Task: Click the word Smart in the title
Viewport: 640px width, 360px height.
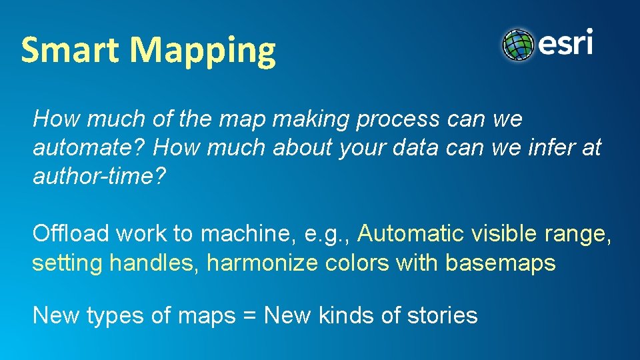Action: click(x=71, y=50)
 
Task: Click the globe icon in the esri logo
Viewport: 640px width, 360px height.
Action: click(x=519, y=45)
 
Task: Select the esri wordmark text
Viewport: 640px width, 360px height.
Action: click(x=565, y=43)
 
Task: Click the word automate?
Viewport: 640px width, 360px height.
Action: click(x=89, y=148)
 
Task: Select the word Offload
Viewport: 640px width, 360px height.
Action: click(x=71, y=234)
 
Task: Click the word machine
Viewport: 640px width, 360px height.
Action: click(x=243, y=234)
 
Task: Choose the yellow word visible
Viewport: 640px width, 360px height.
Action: click(x=505, y=234)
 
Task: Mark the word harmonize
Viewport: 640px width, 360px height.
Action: click(x=263, y=263)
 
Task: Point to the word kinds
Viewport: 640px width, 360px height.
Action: click(x=346, y=315)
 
